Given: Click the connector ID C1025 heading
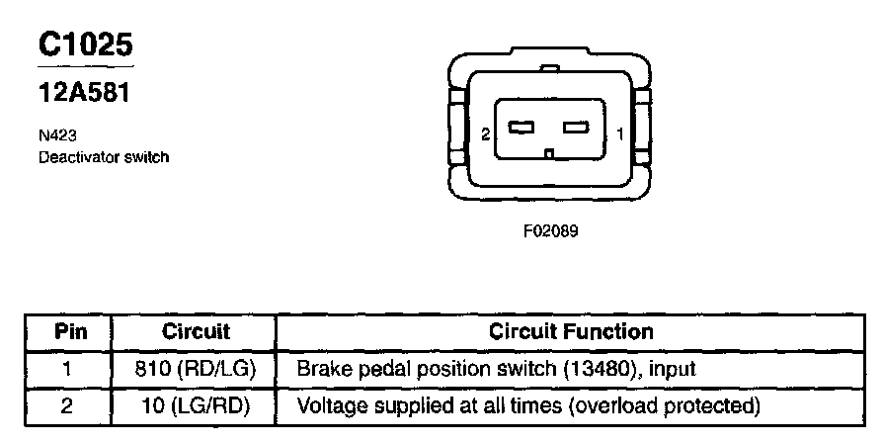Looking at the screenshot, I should click(85, 44).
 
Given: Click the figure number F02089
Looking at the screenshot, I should click(550, 233).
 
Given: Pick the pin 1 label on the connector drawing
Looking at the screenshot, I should click(618, 133).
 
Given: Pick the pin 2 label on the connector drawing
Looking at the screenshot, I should click(484, 133).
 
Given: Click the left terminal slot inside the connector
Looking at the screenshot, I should click(521, 128).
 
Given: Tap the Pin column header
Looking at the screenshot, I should click(69, 332).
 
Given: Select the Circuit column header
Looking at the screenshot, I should click(196, 332).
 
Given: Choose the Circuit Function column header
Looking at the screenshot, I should click(571, 332).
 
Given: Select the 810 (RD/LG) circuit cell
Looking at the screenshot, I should click(196, 369).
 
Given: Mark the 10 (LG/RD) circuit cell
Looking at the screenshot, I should click(196, 405).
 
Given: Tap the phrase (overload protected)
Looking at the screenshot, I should click(666, 405).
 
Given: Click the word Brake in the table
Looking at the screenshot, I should click(320, 369).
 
